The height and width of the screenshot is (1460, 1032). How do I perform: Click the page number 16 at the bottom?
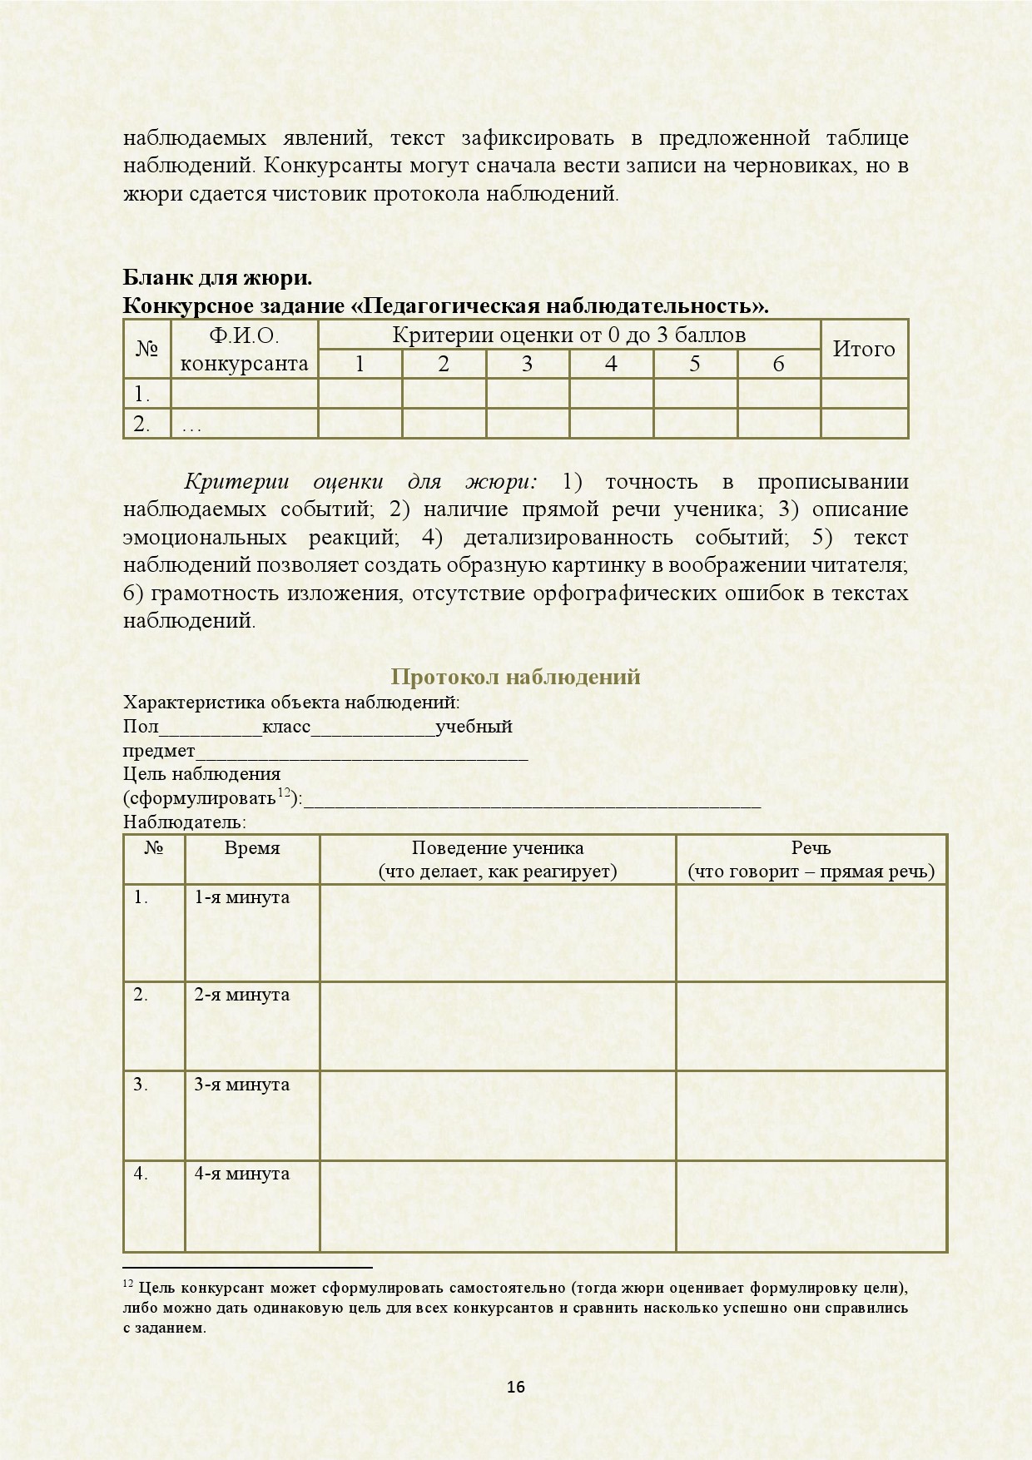point(516,1387)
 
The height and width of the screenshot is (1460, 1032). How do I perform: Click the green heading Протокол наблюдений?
point(515,676)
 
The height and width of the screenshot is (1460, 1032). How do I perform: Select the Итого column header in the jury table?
point(864,349)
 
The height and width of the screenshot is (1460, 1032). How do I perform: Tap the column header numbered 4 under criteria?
point(611,364)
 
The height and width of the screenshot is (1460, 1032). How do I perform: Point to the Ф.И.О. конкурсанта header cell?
point(244,349)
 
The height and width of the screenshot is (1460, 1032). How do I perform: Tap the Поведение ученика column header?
point(498,859)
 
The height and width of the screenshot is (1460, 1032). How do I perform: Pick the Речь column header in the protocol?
point(811,859)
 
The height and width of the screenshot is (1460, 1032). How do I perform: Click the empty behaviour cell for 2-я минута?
point(498,1025)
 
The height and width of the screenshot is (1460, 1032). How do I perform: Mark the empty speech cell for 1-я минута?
point(811,932)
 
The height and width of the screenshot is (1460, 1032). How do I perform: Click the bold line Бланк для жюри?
point(218,277)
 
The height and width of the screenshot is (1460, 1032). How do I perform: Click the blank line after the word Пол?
point(210,728)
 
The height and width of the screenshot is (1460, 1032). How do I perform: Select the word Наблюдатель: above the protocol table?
point(184,822)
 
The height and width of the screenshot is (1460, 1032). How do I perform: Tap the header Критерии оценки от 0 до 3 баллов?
point(568,335)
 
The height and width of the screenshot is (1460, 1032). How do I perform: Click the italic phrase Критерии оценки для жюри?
point(360,481)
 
